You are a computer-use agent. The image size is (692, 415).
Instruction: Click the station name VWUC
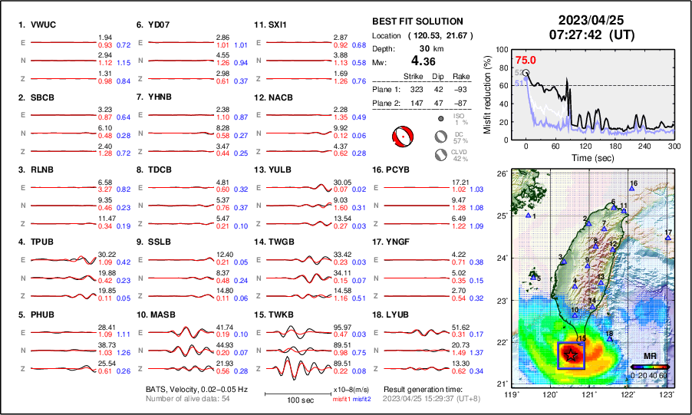pos(43,25)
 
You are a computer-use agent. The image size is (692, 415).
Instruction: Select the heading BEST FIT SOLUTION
pos(417,21)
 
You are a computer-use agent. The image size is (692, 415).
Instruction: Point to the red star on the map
pos(571,354)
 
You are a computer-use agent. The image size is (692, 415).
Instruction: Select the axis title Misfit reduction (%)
pos(488,93)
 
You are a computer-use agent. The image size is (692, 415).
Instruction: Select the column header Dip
pos(440,77)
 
